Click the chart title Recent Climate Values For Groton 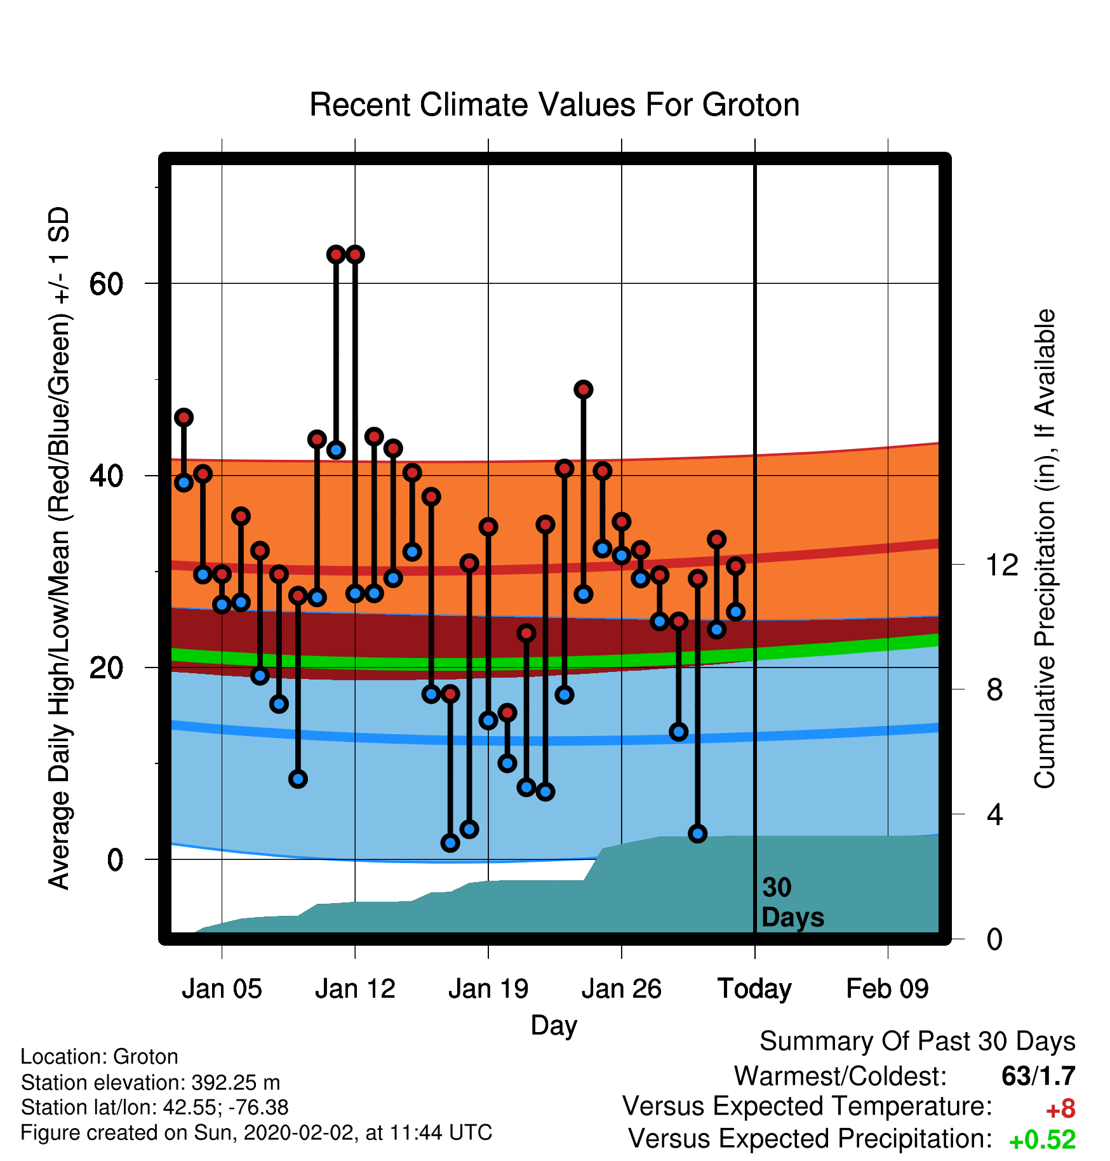pyautogui.click(x=554, y=105)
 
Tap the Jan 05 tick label pyautogui.click(x=222, y=989)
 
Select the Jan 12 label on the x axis pyautogui.click(x=355, y=989)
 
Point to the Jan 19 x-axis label pyautogui.click(x=488, y=989)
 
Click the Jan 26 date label pyautogui.click(x=622, y=989)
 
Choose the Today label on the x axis pyautogui.click(x=754, y=989)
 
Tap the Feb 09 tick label pyautogui.click(x=888, y=989)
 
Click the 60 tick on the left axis pyautogui.click(x=106, y=283)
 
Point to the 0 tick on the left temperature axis pyautogui.click(x=115, y=859)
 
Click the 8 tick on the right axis pyautogui.click(x=994, y=689)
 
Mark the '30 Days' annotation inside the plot pyautogui.click(x=792, y=903)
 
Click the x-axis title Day pyautogui.click(x=554, y=1026)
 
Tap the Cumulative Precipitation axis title pyautogui.click(x=1045, y=549)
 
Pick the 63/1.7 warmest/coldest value pyautogui.click(x=1038, y=1076)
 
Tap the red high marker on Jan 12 pyautogui.click(x=355, y=255)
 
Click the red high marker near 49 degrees pyautogui.click(x=584, y=389)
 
